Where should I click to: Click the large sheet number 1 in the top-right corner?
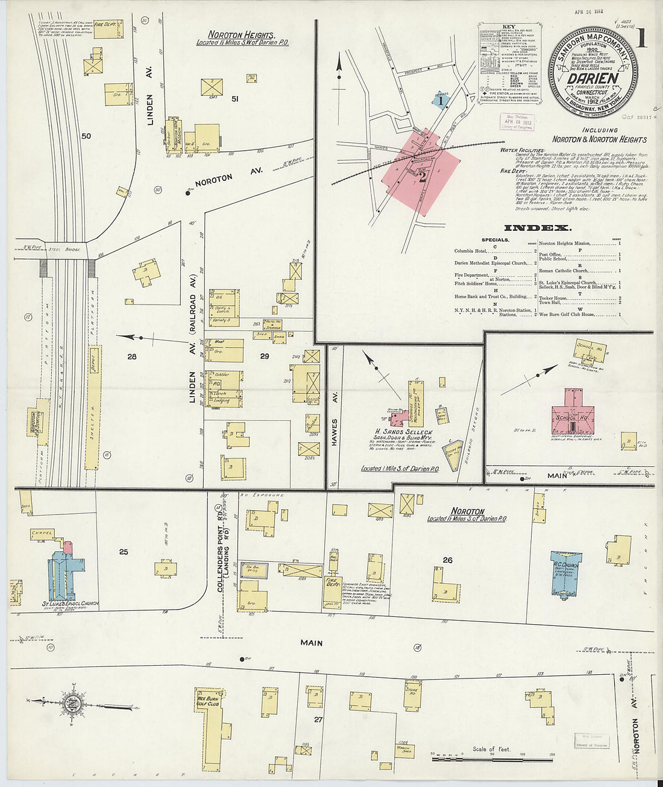(x=641, y=37)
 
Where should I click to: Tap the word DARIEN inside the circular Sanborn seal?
(x=594, y=78)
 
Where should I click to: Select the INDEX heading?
(x=537, y=228)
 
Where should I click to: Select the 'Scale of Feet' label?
(x=491, y=749)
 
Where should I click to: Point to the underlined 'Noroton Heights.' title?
(x=241, y=35)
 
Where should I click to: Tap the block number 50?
(x=86, y=136)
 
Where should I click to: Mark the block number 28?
(x=131, y=356)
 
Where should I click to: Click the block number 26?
(x=447, y=560)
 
